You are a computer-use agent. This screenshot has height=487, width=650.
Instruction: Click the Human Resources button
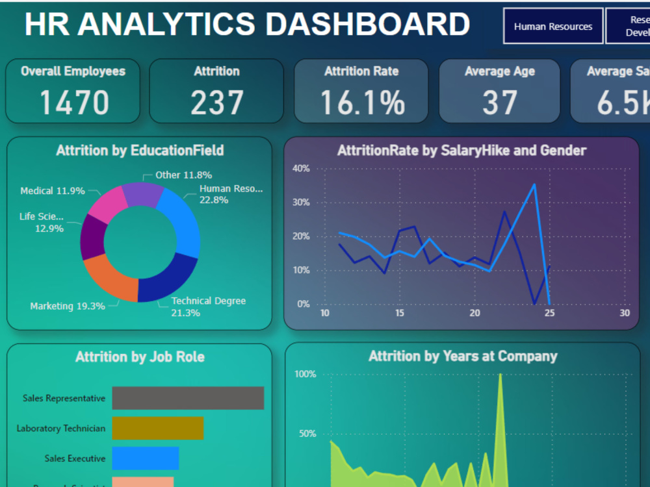552,27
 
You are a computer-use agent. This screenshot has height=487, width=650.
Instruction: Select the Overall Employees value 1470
74,103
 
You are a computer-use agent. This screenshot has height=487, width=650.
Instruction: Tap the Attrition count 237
217,103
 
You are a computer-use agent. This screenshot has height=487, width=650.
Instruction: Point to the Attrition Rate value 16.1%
361,103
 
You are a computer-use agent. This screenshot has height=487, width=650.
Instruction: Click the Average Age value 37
499,103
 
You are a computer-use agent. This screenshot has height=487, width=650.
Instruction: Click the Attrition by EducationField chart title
140,151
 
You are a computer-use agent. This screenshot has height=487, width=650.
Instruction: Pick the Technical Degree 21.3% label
208,306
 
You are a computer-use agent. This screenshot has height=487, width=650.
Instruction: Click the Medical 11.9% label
53,191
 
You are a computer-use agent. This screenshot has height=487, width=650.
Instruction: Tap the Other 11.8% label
183,175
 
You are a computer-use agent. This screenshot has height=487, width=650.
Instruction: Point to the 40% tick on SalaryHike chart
301,169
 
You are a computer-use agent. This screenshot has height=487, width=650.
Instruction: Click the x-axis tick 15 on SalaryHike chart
400,313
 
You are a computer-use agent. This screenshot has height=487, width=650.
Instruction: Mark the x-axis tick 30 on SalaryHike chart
625,313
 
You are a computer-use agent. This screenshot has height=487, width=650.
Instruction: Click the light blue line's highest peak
534,184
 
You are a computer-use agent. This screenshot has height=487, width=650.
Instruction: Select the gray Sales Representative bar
188,398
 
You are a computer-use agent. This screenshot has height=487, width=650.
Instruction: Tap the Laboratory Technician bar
157,428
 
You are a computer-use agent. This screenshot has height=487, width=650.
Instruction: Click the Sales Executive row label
75,458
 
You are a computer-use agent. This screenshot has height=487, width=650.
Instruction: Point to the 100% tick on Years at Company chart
305,375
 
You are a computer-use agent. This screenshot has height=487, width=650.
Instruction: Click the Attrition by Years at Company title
462,356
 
